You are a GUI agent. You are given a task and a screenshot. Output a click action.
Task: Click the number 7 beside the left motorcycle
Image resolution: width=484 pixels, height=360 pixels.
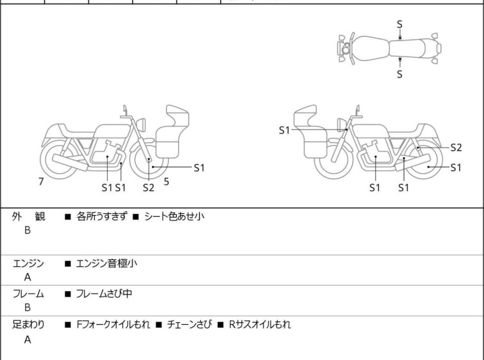click(x=41, y=182)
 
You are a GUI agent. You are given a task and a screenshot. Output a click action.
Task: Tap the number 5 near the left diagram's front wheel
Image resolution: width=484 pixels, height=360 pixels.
click(x=167, y=182)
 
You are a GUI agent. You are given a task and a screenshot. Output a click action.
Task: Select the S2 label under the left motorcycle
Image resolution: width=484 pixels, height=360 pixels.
click(x=149, y=187)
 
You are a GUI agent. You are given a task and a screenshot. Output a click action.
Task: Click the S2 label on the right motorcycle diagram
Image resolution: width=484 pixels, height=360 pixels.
click(x=456, y=148)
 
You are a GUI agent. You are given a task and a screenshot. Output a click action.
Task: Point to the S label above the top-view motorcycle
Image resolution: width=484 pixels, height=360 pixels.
click(x=399, y=24)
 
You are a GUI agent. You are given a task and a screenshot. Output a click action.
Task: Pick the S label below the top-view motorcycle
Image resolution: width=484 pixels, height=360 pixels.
click(x=399, y=74)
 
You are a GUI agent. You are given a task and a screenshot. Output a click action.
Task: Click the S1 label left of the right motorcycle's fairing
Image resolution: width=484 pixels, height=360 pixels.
click(x=284, y=130)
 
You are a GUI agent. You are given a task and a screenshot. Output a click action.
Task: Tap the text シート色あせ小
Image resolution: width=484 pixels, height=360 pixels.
click(x=174, y=216)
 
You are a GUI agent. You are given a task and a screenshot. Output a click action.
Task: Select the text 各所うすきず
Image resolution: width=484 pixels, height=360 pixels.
click(x=101, y=216)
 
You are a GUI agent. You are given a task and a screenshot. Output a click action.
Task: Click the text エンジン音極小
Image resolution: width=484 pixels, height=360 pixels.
click(x=106, y=263)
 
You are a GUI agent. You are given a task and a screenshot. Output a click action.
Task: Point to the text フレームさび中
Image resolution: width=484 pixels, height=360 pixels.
click(x=104, y=293)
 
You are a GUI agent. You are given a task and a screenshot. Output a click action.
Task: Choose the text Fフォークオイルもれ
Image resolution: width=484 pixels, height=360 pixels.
click(x=113, y=325)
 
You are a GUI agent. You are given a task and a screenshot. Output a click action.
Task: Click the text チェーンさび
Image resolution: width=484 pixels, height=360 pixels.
click(x=190, y=325)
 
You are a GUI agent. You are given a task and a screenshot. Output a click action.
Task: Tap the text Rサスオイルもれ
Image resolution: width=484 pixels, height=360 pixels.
click(x=260, y=325)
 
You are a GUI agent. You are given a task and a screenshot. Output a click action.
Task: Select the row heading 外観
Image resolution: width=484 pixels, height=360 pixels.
click(x=28, y=216)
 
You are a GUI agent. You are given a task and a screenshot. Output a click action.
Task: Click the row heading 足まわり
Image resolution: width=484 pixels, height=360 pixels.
click(x=28, y=325)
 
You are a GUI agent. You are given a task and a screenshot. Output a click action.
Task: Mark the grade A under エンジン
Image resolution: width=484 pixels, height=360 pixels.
click(x=28, y=277)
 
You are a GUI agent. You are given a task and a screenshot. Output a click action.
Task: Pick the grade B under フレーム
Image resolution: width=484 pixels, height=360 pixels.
click(x=28, y=307)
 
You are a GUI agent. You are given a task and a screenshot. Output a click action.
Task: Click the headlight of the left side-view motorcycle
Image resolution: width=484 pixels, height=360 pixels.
click(x=141, y=124)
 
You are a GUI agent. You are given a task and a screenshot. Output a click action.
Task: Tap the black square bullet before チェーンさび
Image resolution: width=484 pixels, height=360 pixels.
click(x=159, y=325)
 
